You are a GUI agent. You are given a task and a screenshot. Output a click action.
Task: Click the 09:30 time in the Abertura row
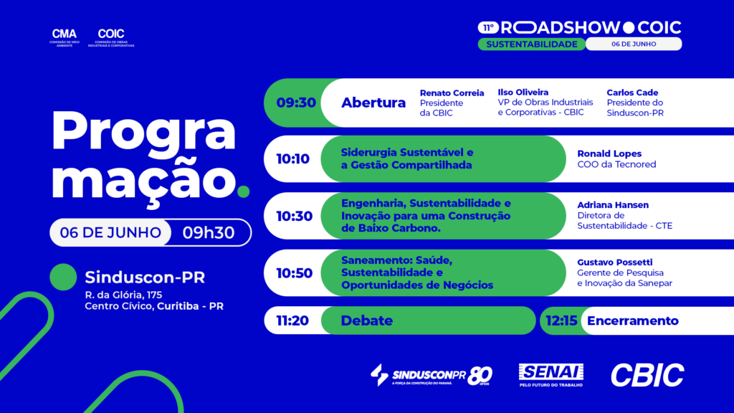click(x=296, y=103)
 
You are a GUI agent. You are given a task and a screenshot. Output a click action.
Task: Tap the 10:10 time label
click(x=292, y=159)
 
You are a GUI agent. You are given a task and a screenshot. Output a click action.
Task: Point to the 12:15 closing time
click(x=561, y=321)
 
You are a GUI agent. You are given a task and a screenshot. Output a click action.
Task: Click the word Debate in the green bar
click(x=366, y=321)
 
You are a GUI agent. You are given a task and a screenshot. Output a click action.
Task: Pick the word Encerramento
click(x=632, y=321)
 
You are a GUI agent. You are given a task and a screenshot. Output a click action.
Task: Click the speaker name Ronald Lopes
click(x=609, y=153)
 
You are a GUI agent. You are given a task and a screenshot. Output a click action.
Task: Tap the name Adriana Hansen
click(x=613, y=205)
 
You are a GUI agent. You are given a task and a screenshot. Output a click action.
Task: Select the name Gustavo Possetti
click(x=615, y=262)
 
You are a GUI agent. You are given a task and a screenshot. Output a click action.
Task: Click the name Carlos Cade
click(x=632, y=92)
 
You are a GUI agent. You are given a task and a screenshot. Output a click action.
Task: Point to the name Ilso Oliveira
click(x=523, y=92)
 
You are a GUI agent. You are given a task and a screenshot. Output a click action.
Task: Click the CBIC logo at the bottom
click(x=647, y=375)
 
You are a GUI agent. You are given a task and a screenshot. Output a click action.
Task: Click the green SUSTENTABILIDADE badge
click(x=532, y=44)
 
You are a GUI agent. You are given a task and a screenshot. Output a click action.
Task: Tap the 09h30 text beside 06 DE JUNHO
click(x=209, y=232)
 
